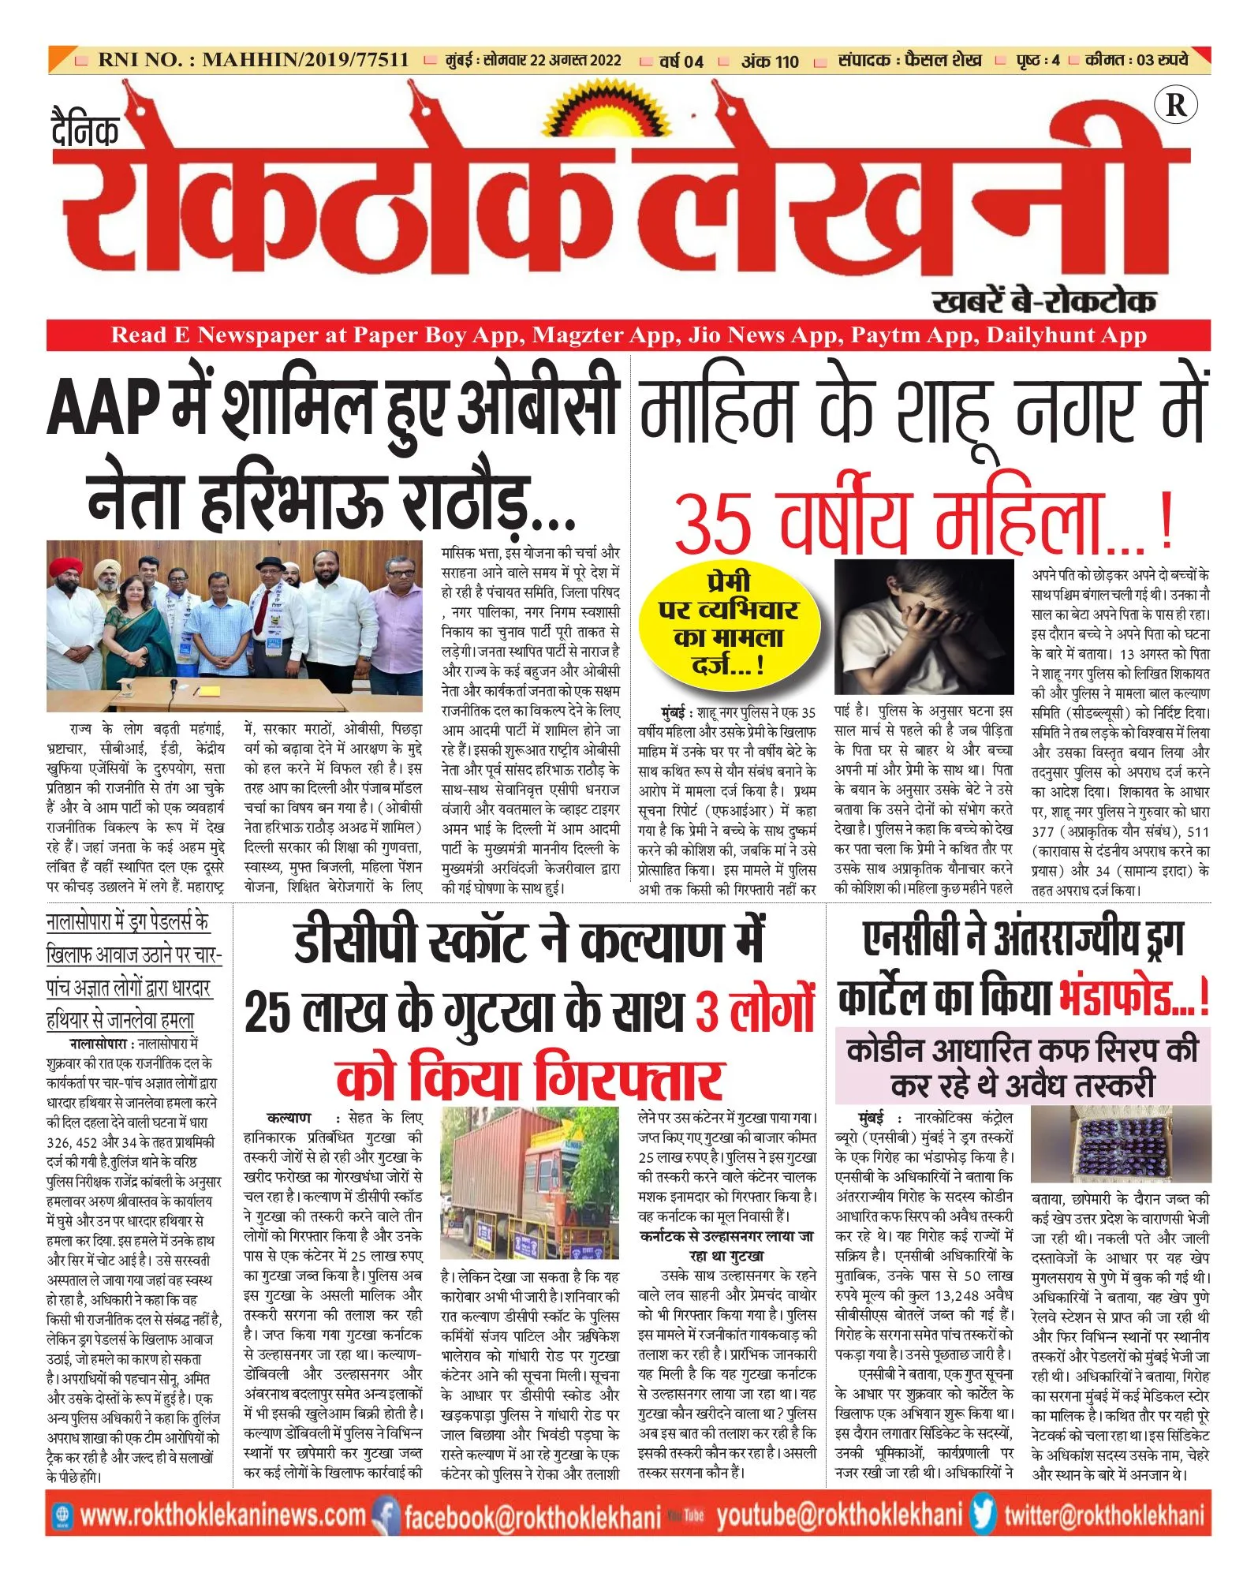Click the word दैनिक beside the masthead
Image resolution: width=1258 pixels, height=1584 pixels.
(x=85, y=130)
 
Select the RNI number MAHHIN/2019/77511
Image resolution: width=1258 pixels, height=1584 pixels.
(x=305, y=60)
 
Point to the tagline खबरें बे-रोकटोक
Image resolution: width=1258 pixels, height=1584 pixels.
(x=1043, y=301)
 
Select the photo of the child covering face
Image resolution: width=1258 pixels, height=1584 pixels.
(x=924, y=626)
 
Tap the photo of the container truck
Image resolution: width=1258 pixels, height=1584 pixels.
(x=529, y=1183)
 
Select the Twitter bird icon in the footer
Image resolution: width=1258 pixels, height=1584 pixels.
(x=983, y=1515)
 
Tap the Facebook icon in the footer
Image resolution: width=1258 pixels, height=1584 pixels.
(x=385, y=1515)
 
